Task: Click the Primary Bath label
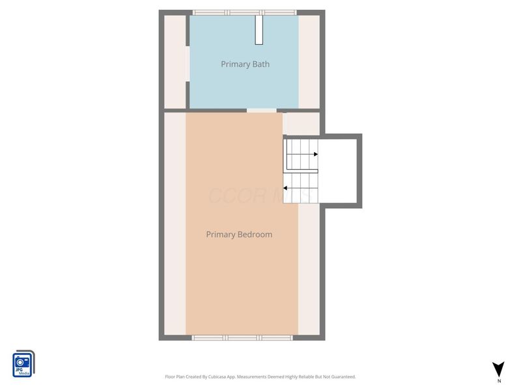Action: pyautogui.click(x=245, y=64)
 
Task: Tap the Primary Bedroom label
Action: pyautogui.click(x=239, y=235)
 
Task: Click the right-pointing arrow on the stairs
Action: pyautogui.click(x=315, y=154)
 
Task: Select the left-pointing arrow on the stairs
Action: pyautogui.click(x=286, y=189)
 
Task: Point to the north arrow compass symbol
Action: pyautogui.click(x=499, y=369)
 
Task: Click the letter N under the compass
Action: pyautogui.click(x=499, y=381)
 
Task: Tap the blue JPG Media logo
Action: pyautogui.click(x=23, y=363)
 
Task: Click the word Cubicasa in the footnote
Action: pyautogui.click(x=225, y=377)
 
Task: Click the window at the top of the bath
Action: pyautogui.click(x=244, y=12)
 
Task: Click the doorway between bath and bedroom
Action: pyautogui.click(x=262, y=110)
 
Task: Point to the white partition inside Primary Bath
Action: pyautogui.click(x=259, y=29)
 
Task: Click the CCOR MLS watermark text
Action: pyautogui.click(x=260, y=195)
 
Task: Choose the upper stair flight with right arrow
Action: pyautogui.click(x=300, y=154)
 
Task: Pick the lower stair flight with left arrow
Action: pyautogui.click(x=300, y=189)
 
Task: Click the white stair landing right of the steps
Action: pyautogui.click(x=340, y=170)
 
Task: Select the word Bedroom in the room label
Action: pyautogui.click(x=255, y=235)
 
